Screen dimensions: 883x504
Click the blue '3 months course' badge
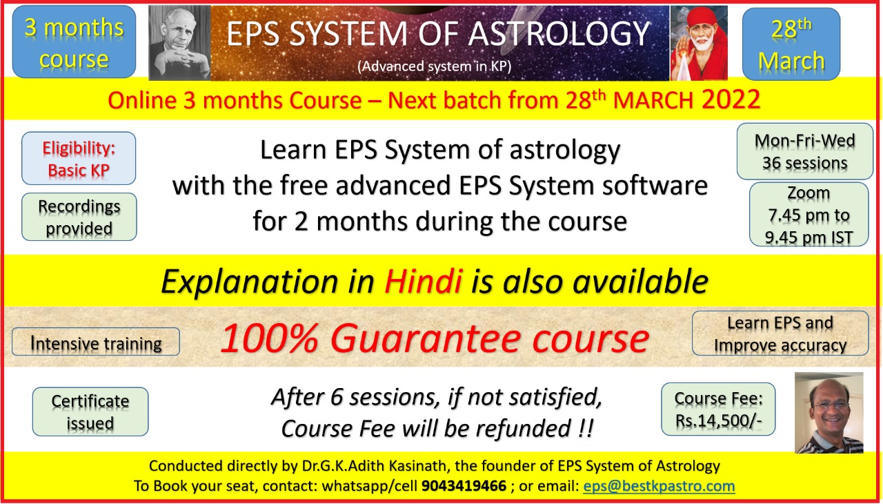pos(74,41)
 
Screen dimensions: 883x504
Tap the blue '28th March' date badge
pos(791,43)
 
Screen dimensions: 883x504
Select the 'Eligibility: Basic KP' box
pos(79,158)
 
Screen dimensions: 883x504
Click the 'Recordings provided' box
pos(79,217)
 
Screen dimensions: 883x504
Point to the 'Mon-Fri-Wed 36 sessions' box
pos(805,151)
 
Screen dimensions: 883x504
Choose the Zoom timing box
pos(809,215)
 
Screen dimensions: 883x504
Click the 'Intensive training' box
pos(96,342)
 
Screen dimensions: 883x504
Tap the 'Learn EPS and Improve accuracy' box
pos(780,333)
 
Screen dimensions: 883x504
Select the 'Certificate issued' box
pos(90,411)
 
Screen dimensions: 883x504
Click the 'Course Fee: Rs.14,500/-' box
pos(718,409)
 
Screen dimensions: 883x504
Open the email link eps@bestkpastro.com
pos(659,485)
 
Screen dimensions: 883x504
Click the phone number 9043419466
pos(464,485)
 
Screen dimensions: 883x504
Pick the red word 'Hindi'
pos(423,281)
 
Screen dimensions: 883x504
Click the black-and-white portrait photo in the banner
pos(180,43)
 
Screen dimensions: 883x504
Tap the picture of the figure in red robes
pos(699,43)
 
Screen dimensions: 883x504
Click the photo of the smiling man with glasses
pos(829,412)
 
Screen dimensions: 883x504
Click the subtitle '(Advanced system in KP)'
pos(435,66)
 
